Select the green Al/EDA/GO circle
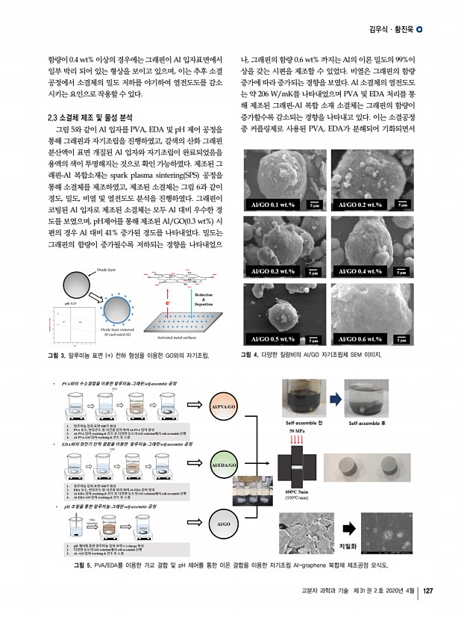click(x=225, y=465)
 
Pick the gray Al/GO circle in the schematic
click(x=225, y=524)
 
